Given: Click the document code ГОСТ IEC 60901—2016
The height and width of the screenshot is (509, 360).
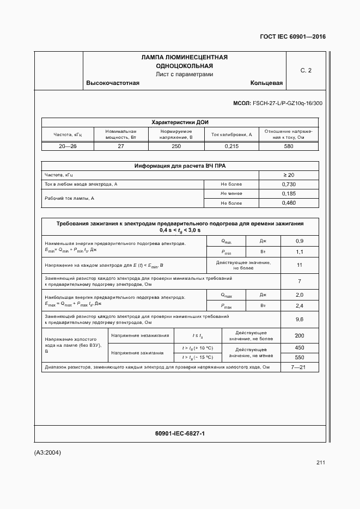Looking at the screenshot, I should coord(292,37).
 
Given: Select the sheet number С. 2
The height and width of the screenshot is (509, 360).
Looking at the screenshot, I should coord(306,70).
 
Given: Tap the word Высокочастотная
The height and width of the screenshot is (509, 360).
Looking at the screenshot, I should coord(113,83).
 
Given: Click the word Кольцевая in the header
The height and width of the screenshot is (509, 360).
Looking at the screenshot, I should coord(266,83).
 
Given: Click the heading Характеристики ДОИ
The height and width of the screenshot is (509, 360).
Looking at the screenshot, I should coord(180,122).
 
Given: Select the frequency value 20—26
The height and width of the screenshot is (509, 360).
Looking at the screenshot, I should coord(68,146).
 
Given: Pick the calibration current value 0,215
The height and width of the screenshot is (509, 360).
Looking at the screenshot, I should coord(231,146).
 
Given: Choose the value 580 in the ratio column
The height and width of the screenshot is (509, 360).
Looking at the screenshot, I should coord(289,146).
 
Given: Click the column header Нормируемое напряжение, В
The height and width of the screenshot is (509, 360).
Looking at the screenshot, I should coord(176,134).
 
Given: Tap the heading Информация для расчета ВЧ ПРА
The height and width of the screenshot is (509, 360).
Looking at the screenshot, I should coord(180,166).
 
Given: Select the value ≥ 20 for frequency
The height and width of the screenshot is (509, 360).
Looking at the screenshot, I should coord(289,175).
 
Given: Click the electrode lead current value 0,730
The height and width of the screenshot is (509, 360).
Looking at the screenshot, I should coord(289,185).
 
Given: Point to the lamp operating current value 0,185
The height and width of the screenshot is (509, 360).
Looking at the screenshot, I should coord(289,194).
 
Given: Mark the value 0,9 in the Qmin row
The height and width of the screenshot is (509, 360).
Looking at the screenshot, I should coord(299,241).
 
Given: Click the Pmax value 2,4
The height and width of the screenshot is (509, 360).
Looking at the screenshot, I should coord(299,306).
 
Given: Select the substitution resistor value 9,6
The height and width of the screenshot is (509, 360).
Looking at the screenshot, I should coord(299,320).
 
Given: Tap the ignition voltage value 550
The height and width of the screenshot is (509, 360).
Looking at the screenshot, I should coord(299,358).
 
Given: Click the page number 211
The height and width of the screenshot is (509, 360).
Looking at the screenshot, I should coord(320,463).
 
